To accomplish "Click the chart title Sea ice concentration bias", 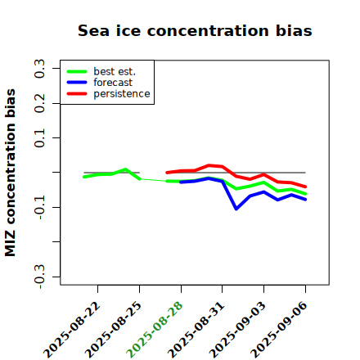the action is pos(195,30).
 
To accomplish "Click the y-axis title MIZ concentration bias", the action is pos(11,173).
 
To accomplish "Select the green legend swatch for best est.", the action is pos(77,71).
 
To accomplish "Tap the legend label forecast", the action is pos(113,83).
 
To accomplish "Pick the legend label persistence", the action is pos(122,94).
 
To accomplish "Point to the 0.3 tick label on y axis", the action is pos(39,69).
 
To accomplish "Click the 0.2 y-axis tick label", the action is pos(39,103).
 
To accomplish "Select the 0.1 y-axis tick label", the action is pos(39,138).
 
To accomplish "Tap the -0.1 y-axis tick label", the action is pos(39,208).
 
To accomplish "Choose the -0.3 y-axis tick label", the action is pos(39,277).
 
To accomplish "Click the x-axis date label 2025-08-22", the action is pos(72,330).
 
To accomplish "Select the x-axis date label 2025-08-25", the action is pos(114,330).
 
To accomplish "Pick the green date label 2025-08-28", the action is pos(155,330).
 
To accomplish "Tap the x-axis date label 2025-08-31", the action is pos(196,330).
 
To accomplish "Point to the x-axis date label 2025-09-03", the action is pos(238,330).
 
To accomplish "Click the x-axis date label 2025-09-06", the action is pos(279,330).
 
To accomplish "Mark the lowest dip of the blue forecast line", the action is pos(236,209).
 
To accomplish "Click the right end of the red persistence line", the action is pos(305,187).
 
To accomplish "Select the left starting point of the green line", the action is pos(84,177).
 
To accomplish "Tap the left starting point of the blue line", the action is pos(181,182).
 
